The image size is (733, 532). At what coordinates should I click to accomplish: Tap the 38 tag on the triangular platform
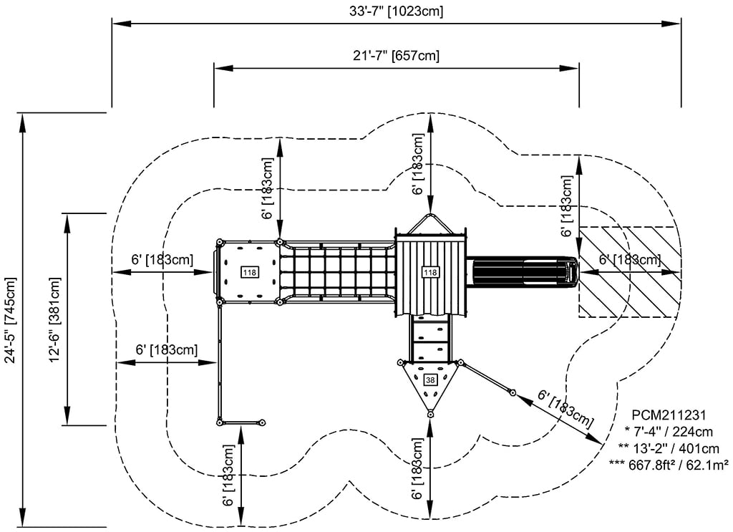click(x=430, y=379)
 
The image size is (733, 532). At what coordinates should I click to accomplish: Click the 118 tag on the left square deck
click(x=250, y=272)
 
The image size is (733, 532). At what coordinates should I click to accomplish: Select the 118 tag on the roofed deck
click(x=430, y=272)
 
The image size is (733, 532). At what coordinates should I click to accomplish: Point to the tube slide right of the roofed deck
click(x=523, y=271)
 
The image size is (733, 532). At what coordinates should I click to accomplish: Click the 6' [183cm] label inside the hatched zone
click(x=630, y=260)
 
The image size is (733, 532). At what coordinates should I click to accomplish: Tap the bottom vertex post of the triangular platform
click(x=430, y=415)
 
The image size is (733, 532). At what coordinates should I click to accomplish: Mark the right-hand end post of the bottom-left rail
click(x=263, y=422)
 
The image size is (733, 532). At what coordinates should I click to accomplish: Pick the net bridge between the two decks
click(x=336, y=272)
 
